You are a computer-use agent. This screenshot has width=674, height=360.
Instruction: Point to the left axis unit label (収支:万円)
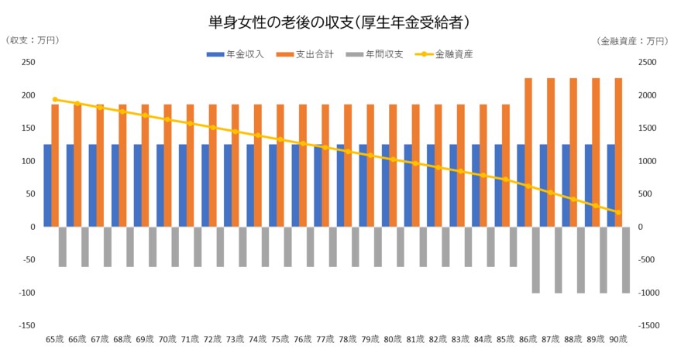(32, 40)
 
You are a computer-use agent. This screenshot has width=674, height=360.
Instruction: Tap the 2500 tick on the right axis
(647, 63)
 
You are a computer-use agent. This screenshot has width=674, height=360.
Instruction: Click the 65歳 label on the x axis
(55, 339)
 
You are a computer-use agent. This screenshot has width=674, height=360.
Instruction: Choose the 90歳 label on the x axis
(619, 339)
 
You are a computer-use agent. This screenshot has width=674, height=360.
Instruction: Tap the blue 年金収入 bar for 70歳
(160, 186)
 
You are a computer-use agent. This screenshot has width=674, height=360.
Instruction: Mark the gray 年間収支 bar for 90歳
(626, 259)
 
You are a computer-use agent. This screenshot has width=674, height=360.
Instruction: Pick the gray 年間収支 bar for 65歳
(63, 246)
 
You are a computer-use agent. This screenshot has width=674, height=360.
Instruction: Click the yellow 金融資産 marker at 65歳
(55, 99)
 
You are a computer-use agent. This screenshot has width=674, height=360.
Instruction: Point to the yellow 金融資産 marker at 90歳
(618, 212)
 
